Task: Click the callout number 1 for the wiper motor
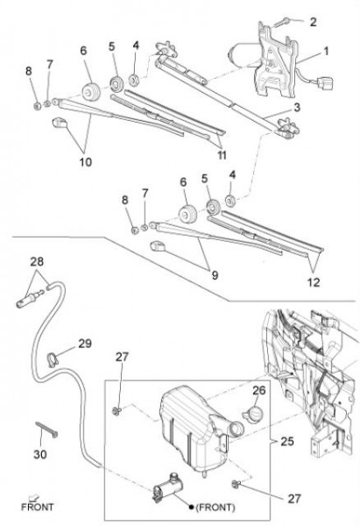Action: coord(326,52)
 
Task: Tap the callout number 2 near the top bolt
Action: coord(313,22)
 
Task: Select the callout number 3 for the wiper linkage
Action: coord(297,108)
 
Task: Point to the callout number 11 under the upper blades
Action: coord(222,155)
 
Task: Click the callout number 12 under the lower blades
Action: coord(314,282)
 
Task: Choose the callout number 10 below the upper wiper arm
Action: coord(86,162)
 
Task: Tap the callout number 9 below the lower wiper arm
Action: coord(215,275)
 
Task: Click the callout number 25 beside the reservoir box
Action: coord(287,441)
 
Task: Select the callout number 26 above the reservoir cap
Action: coord(258,390)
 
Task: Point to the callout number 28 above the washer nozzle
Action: coord(37,261)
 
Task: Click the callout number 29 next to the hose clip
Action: coord(85,344)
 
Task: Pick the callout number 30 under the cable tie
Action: coord(40,454)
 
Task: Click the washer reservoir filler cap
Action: coord(253,413)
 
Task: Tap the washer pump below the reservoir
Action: coord(167,488)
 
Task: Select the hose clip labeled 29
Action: coord(53,359)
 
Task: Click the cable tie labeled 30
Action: coord(46,430)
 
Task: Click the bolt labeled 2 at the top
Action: coord(281,23)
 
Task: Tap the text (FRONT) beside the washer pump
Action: coord(215,508)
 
